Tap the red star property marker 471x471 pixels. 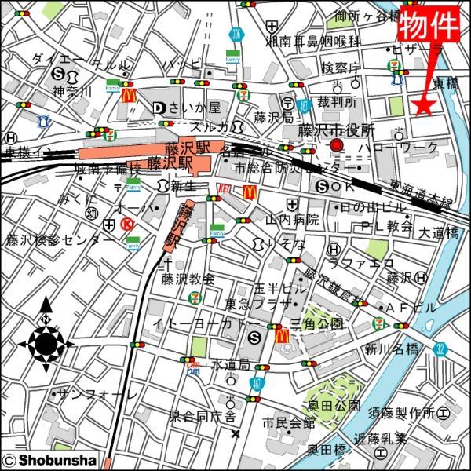point(424,106)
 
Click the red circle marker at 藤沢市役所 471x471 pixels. point(337,146)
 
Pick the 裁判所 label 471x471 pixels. point(337,102)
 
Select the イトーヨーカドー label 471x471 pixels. point(206,323)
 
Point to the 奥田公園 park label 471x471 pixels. point(334,406)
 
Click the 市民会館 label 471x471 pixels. point(289,424)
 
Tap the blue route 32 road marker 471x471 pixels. point(440,347)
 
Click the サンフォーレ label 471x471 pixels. point(93,394)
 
